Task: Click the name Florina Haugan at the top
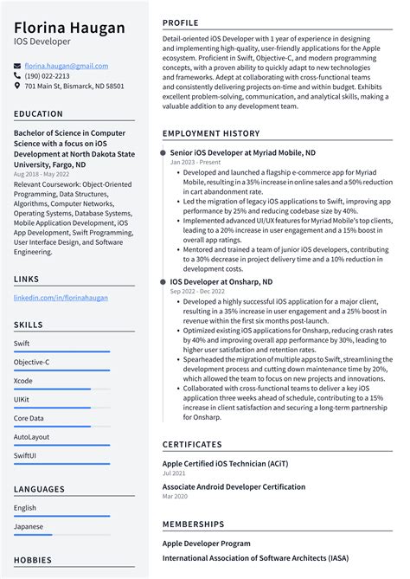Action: (x=69, y=28)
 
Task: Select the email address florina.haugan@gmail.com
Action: (x=66, y=66)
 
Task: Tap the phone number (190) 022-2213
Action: (x=47, y=76)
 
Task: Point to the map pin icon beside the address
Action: (x=18, y=87)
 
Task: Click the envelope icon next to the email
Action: (x=18, y=66)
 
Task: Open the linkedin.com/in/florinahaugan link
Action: (x=61, y=297)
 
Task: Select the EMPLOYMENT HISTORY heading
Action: (x=210, y=134)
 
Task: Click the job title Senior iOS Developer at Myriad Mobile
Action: (x=242, y=152)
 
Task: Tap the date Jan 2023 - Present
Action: (x=195, y=162)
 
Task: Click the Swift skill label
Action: (x=22, y=343)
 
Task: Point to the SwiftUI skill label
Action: (x=27, y=456)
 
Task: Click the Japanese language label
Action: (x=29, y=526)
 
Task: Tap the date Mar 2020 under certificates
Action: (x=174, y=497)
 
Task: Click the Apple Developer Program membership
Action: (x=206, y=544)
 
